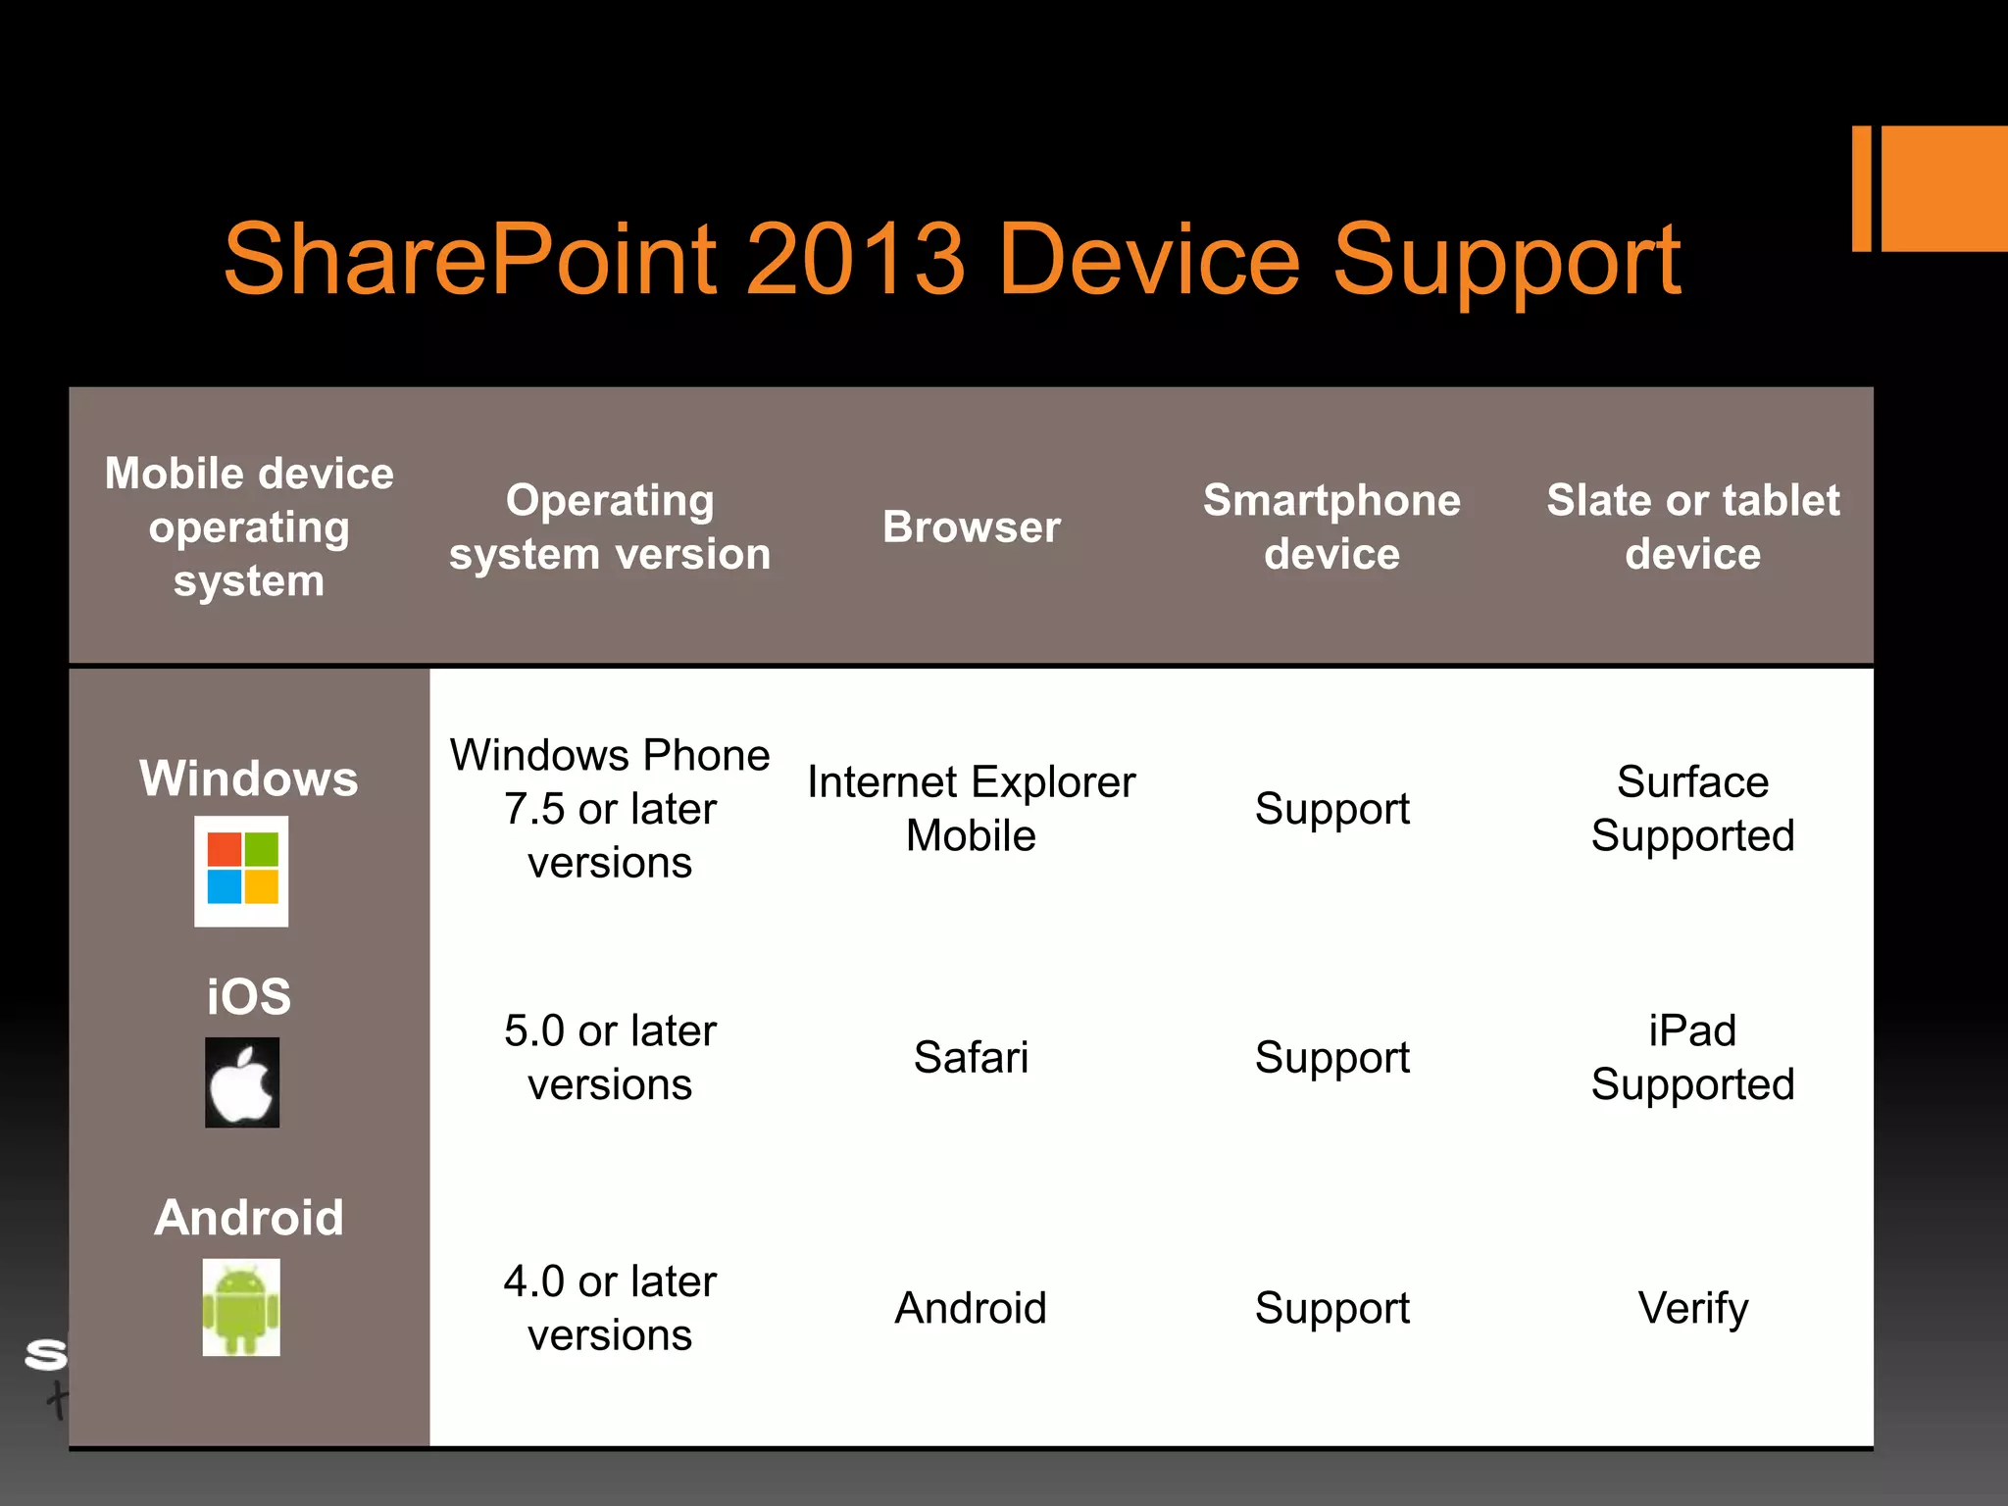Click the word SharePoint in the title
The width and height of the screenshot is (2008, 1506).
(x=471, y=260)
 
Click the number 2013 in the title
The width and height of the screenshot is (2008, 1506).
(x=855, y=260)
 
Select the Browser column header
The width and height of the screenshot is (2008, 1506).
(x=971, y=527)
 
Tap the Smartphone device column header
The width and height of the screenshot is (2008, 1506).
(x=1331, y=527)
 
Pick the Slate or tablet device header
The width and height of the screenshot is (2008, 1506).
(x=1692, y=527)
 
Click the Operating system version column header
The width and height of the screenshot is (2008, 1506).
(x=610, y=527)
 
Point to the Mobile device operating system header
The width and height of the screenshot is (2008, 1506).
(x=249, y=527)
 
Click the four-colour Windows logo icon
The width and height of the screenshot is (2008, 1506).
(x=242, y=870)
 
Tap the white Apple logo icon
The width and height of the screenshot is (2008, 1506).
(x=242, y=1082)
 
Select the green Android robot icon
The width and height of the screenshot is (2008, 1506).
(x=241, y=1307)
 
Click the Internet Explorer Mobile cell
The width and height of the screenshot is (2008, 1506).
(x=971, y=809)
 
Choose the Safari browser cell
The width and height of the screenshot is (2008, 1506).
(x=971, y=1058)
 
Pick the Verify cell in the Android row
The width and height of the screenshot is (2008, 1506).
(x=1692, y=1308)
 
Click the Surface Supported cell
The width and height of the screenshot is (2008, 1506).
(x=1692, y=809)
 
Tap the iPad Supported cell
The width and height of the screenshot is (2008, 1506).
(x=1692, y=1058)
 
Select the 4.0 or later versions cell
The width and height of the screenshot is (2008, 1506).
(x=610, y=1308)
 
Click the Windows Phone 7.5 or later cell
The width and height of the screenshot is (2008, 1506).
(x=610, y=809)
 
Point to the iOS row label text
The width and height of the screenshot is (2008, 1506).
(x=249, y=997)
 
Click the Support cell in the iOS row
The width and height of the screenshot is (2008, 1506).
(x=1331, y=1058)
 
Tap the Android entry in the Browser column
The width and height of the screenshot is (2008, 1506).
(x=971, y=1308)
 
